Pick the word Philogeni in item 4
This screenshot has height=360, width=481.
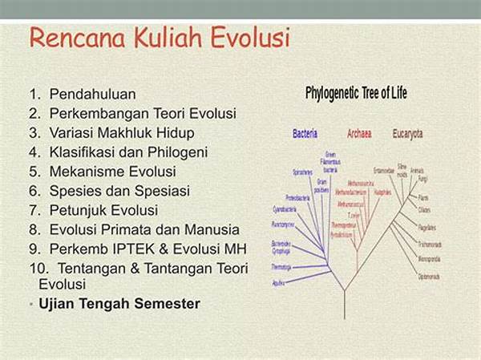coord(180,152)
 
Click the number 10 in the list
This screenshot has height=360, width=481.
coord(36,268)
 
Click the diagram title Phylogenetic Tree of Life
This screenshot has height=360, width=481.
coord(356,94)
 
